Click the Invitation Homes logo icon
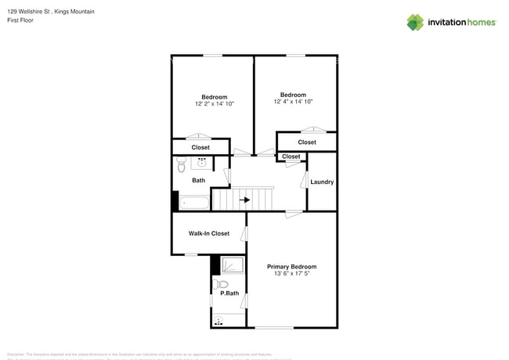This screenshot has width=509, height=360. point(415,22)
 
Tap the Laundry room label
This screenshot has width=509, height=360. point(322,182)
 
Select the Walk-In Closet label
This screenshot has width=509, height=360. point(208,233)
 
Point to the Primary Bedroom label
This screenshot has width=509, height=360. point(291,267)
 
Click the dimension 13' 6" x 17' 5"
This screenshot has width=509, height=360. point(291,274)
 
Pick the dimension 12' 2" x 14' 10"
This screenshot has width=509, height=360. point(215,103)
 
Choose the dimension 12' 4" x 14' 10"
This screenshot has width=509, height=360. point(293,102)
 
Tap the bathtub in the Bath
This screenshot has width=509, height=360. point(193,203)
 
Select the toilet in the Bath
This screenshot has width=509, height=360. point(181,164)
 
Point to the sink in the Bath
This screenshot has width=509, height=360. point(201,163)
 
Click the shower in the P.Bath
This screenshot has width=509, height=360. point(231,265)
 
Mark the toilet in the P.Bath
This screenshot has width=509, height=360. point(222,284)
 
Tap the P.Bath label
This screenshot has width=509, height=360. point(229,293)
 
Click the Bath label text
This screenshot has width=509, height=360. point(199,181)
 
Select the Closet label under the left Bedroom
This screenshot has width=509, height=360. point(200,147)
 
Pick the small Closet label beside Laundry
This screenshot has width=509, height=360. point(291,157)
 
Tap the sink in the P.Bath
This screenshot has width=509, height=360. point(218,319)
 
